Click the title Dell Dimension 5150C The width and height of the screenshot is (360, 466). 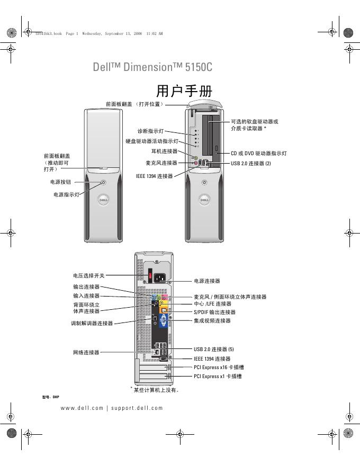coord(152,68)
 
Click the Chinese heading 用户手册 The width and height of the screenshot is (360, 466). coord(180,91)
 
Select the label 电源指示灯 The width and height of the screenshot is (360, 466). coord(66,194)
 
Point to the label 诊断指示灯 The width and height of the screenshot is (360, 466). coord(150,130)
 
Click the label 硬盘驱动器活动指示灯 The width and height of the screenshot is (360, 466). coord(151,141)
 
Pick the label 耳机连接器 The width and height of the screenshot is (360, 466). coord(164,151)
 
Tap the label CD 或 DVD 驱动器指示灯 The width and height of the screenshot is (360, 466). coord(258,153)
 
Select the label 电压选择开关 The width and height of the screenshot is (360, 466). coord(89,275)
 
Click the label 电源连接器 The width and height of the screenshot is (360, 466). coord(207,281)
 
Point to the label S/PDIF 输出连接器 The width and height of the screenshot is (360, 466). coord(214,312)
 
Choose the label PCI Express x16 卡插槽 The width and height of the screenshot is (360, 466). coord(219,367)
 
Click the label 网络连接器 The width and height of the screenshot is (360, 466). coord(86,352)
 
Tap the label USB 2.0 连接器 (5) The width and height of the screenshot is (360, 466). coord(213,349)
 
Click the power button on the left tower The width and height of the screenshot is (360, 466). coord(103,182)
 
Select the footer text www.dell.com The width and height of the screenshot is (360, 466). coord(82,408)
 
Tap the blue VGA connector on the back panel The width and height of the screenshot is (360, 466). coord(163,320)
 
